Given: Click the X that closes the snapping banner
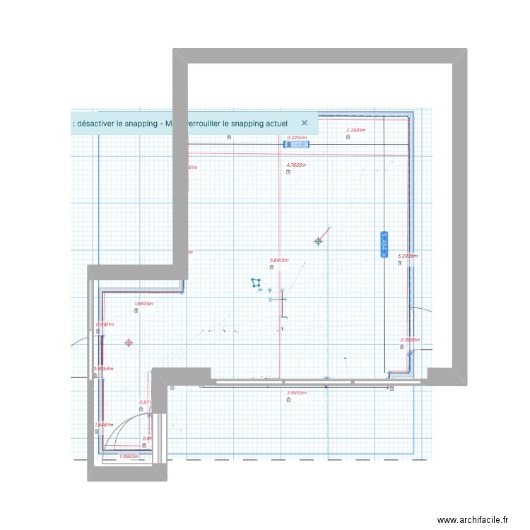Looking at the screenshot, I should pos(305,122).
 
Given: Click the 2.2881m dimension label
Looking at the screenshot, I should pos(355,130).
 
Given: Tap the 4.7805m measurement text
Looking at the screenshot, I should pos(295,165).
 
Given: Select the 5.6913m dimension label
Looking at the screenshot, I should pos(279,260).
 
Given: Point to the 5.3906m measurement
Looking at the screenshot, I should pos(408,256).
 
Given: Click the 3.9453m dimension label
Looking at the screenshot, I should pos(296,392).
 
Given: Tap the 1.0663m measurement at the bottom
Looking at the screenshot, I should pos(129,456).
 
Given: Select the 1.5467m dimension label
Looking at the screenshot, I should pos(104,425).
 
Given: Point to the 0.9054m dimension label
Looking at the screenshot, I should pos(104,368).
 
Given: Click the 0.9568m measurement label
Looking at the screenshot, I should pos(411,339).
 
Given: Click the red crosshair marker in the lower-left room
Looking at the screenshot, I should pos(129,343).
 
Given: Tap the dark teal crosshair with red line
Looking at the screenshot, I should pos(318,241).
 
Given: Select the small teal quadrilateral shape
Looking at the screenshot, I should pos(256,283).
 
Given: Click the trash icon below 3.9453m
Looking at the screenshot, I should pos(288,400).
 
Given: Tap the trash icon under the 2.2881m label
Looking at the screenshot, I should pos(348,137).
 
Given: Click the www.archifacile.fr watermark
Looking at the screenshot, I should pos(473,520).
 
